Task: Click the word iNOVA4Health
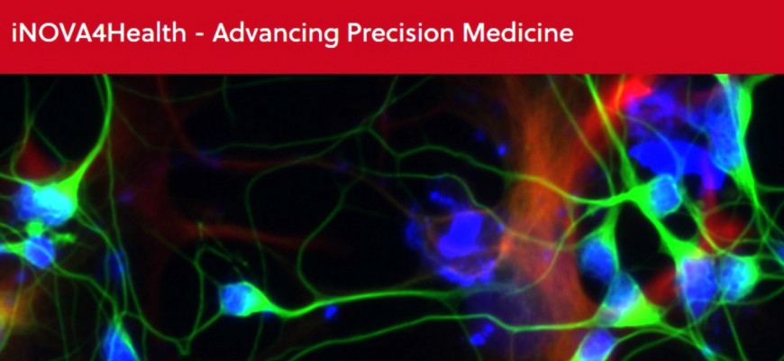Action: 98,33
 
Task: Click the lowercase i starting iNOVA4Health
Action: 14,33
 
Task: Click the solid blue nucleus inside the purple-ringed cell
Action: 460,236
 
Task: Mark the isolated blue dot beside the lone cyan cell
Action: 330,312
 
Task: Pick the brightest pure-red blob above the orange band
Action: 635,93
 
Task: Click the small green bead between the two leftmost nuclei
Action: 34,227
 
